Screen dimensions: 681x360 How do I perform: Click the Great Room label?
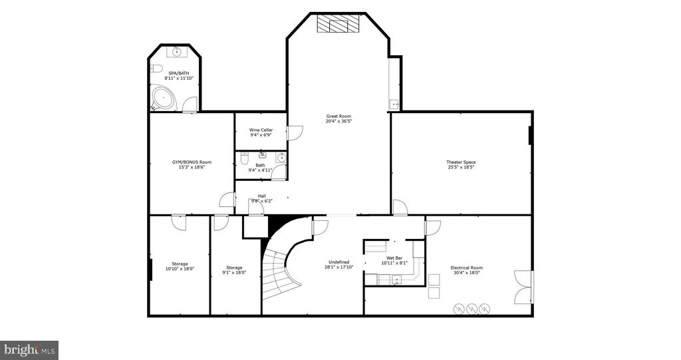[339, 116]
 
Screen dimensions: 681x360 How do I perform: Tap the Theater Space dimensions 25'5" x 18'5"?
[461, 167]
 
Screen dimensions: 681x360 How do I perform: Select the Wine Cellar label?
[261, 130]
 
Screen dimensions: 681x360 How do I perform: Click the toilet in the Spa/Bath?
[156, 69]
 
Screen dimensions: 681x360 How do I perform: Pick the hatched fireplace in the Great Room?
[339, 23]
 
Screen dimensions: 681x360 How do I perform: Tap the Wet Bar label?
[394, 258]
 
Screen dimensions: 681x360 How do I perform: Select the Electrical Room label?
[466, 268]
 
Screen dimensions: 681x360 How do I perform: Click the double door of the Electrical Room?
[523, 287]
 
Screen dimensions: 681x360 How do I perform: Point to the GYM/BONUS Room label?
[192, 162]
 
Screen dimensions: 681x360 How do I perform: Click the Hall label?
[262, 196]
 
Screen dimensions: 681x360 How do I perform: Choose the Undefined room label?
[339, 262]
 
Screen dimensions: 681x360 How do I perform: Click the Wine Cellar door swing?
[295, 132]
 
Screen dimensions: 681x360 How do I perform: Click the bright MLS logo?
[29, 350]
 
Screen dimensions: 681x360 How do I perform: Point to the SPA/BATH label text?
[178, 73]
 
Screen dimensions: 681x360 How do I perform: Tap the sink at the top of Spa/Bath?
[177, 52]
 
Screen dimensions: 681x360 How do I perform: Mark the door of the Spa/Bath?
[190, 104]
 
